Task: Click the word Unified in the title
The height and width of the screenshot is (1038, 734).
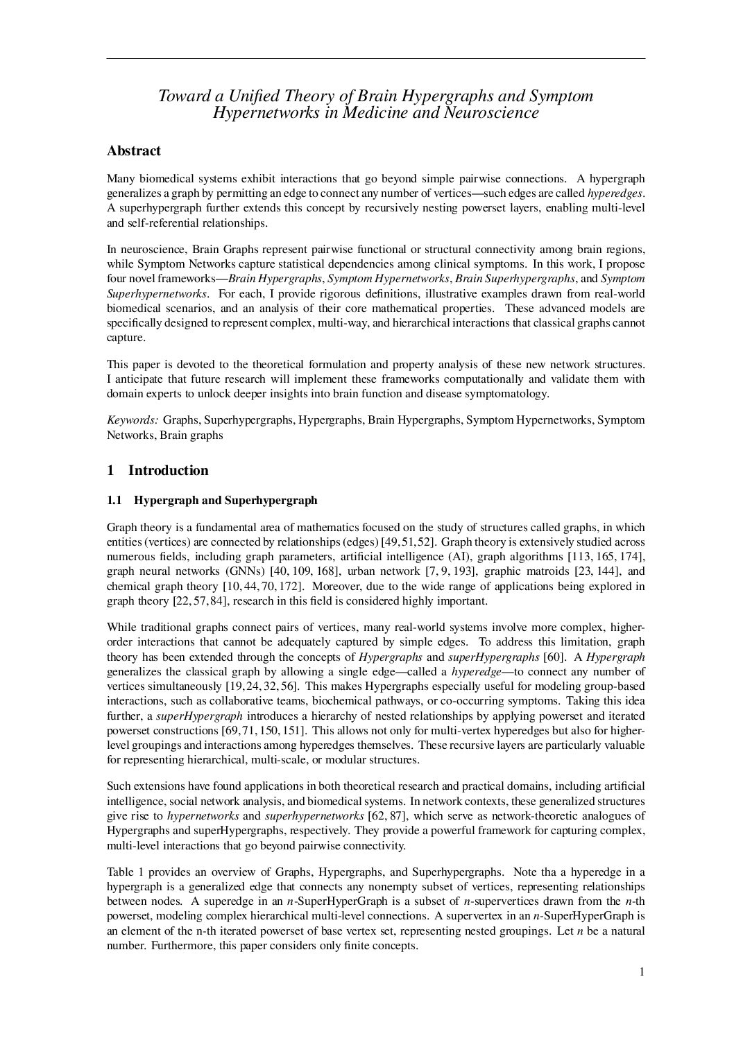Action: [242, 96]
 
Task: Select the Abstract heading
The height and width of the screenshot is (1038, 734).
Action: [134, 150]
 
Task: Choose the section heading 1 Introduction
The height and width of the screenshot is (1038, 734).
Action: [157, 470]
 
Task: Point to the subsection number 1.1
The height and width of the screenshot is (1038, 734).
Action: [114, 500]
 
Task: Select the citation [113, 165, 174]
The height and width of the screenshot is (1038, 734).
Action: [606, 556]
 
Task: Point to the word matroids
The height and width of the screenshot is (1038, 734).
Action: [553, 571]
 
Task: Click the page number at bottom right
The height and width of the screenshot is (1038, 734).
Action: [642, 971]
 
